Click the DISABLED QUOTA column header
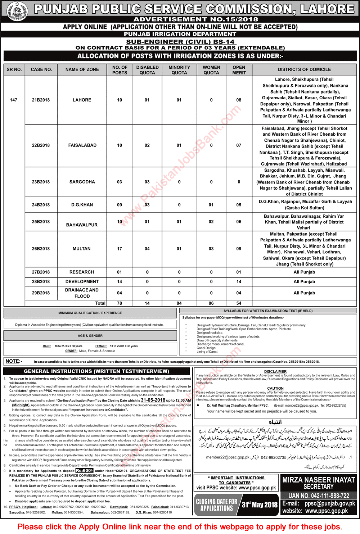147,70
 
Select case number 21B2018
41,100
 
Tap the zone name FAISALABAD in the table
82,145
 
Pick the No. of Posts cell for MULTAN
120,249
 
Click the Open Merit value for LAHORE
239,100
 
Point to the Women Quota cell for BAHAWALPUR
211,222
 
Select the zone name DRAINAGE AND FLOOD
82,293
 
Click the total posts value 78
120,303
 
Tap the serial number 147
14,100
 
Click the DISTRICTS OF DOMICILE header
304,69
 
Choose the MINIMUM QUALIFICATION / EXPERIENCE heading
90,313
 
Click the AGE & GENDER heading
90,336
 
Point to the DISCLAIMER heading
275,371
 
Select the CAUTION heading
275,388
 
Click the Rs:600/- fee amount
84,471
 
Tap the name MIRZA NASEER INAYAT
319,480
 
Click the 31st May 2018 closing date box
260,504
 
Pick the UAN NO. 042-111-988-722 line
319,496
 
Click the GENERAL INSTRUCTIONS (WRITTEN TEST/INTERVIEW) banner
96,371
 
